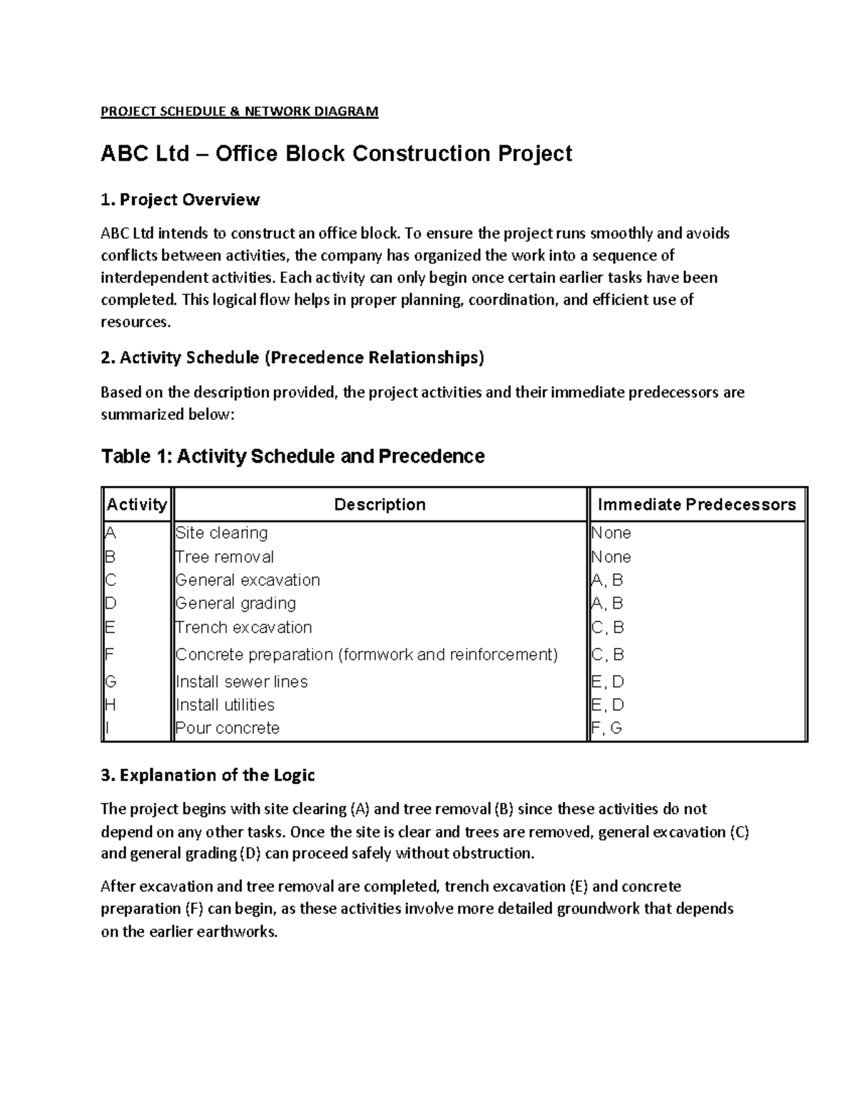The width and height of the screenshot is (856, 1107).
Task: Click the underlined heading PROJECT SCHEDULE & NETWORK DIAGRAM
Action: pyautogui.click(x=239, y=111)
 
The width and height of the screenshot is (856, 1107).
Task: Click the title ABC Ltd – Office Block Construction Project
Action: pyautogui.click(x=336, y=153)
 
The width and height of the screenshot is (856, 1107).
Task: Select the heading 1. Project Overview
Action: pyautogui.click(x=180, y=200)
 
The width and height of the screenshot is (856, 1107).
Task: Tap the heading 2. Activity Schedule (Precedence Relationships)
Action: pyautogui.click(x=292, y=357)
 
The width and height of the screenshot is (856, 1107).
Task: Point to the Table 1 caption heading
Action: pyautogui.click(x=292, y=456)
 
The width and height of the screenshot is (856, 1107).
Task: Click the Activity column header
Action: pyautogui.click(x=136, y=505)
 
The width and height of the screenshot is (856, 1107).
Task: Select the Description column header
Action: pyautogui.click(x=379, y=505)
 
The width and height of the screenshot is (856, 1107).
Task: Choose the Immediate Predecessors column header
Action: pyautogui.click(x=696, y=505)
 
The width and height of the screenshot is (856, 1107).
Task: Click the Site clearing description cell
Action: pyautogui.click(x=222, y=533)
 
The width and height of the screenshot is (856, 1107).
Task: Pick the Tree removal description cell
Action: pyautogui.click(x=225, y=557)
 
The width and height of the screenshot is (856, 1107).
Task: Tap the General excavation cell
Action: pyautogui.click(x=248, y=580)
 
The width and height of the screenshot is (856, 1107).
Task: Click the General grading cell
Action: pyautogui.click(x=235, y=604)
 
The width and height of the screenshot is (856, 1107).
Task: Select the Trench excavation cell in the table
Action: pyautogui.click(x=244, y=627)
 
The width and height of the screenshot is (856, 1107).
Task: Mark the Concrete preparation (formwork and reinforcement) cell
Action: pyautogui.click(x=367, y=654)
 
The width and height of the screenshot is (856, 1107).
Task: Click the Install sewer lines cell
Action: pyautogui.click(x=242, y=681)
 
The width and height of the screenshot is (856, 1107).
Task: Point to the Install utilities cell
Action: pyautogui.click(x=225, y=705)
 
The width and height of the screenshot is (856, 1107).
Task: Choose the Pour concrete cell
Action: pyautogui.click(x=228, y=728)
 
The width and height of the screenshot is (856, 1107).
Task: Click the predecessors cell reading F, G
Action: pyautogui.click(x=607, y=728)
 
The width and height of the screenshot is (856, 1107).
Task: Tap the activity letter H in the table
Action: pyautogui.click(x=110, y=705)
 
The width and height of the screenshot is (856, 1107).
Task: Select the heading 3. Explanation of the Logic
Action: pyautogui.click(x=208, y=776)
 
